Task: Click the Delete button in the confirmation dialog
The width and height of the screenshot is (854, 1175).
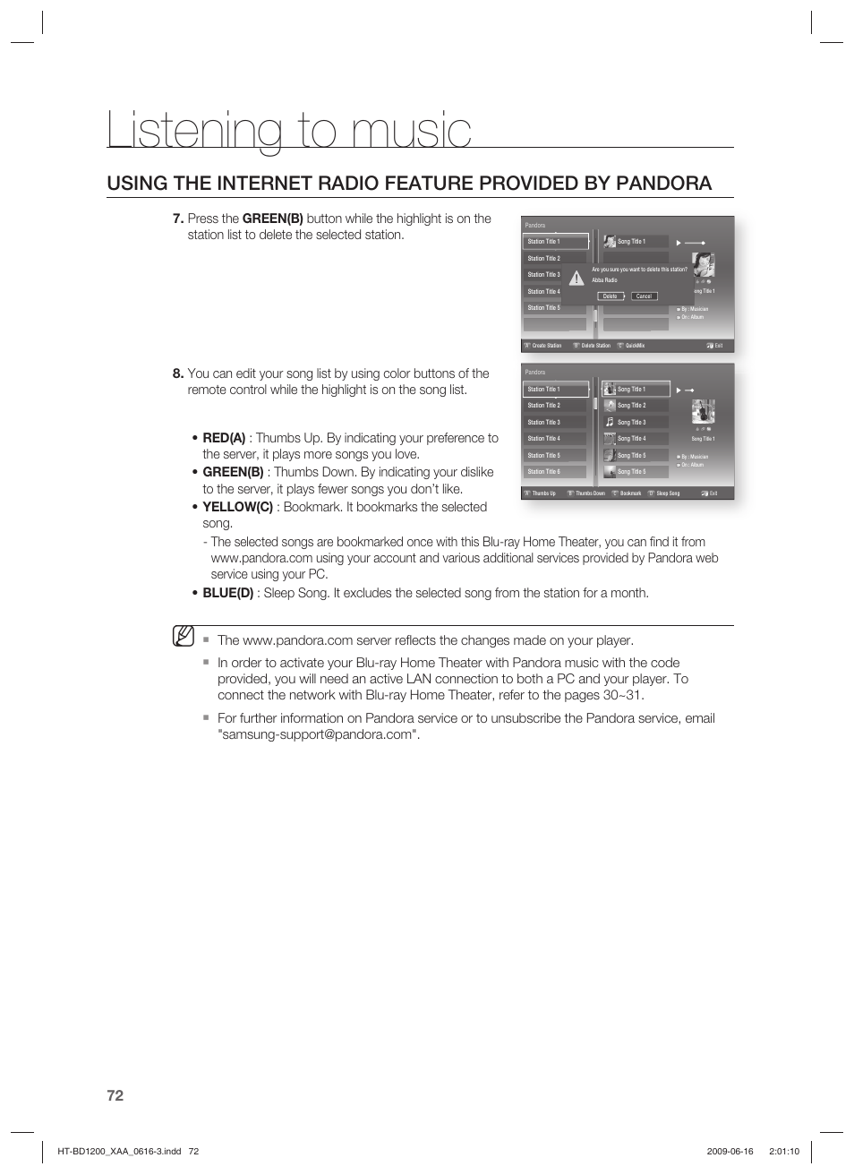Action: pyautogui.click(x=610, y=296)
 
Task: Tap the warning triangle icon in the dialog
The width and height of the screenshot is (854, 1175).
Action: pyautogui.click(x=576, y=279)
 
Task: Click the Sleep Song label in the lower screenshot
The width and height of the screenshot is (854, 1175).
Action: pyautogui.click(x=667, y=493)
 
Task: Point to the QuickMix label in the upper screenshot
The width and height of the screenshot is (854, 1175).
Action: pyautogui.click(x=634, y=346)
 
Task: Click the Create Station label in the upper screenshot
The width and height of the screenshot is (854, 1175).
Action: pyautogui.click(x=546, y=346)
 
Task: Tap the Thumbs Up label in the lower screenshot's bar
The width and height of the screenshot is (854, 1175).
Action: pyautogui.click(x=543, y=493)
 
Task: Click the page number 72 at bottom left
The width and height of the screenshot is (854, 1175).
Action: pyautogui.click(x=115, y=1095)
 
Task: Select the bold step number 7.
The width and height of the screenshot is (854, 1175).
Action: pyautogui.click(x=177, y=219)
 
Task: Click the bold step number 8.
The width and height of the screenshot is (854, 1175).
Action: pyautogui.click(x=177, y=373)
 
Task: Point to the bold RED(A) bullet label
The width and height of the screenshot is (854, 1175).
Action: pyautogui.click(x=224, y=438)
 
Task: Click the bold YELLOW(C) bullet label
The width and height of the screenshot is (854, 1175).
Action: pyautogui.click(x=237, y=507)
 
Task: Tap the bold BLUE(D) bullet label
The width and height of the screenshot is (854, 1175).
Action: pyautogui.click(x=227, y=593)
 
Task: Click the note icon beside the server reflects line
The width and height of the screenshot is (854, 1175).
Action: pyautogui.click(x=184, y=638)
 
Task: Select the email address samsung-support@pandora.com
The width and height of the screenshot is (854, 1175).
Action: pyautogui.click(x=318, y=734)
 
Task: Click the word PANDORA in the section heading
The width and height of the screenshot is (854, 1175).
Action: pyautogui.click(x=663, y=184)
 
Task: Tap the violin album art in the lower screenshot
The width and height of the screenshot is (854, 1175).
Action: pyautogui.click(x=703, y=413)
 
